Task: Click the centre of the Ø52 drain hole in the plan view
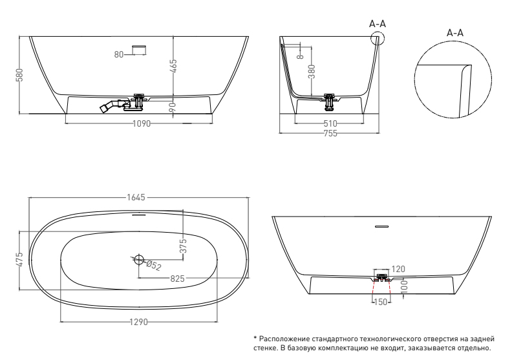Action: click(138, 259)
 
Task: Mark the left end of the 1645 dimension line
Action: click(29, 197)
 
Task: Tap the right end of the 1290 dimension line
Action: click(217, 322)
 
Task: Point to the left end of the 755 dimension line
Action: click(279, 133)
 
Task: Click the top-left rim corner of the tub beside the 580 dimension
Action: click(29, 36)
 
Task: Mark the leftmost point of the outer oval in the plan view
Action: click(29, 260)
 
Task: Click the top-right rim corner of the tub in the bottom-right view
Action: click(491, 217)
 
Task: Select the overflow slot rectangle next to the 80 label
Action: click(140, 50)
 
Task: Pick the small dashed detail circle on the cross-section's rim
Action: click(378, 37)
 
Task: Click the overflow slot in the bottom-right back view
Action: click(381, 227)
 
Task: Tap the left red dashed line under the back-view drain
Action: click(374, 287)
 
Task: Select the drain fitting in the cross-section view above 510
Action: click(330, 102)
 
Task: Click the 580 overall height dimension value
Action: click(19, 75)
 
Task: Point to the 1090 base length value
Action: click(142, 123)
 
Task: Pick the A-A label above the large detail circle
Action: click(455, 33)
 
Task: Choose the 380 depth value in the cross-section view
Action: click(312, 72)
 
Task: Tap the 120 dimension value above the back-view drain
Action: click(398, 269)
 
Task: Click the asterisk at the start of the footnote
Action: click(255, 339)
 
